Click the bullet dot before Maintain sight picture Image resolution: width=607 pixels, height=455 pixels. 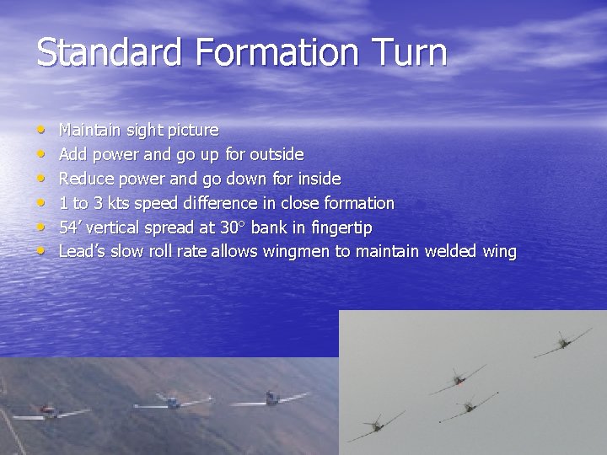tap(41, 131)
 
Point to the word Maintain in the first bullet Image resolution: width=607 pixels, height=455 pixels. tap(89, 131)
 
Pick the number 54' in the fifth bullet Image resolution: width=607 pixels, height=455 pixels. tap(70, 227)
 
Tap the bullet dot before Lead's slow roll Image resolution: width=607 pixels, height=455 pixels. tap(41, 251)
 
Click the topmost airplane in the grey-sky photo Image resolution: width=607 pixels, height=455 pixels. tap(562, 341)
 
